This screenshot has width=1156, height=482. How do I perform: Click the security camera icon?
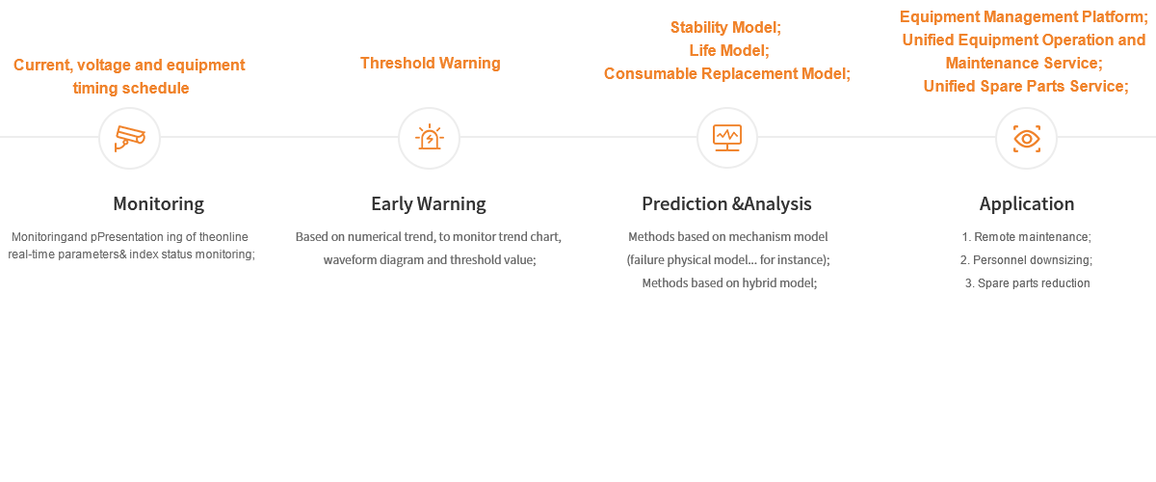[129, 138]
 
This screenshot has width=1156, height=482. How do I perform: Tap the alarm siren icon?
[429, 138]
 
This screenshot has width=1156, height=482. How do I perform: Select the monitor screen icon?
[727, 138]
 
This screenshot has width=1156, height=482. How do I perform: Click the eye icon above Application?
[1026, 139]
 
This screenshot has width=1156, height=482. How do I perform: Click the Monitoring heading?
[158, 204]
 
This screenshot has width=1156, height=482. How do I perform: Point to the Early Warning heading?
[429, 204]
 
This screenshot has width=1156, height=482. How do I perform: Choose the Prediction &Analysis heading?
[726, 204]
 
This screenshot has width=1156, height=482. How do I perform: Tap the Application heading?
[1026, 204]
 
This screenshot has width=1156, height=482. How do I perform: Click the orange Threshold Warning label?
[431, 64]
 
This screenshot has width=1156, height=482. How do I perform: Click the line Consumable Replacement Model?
[727, 74]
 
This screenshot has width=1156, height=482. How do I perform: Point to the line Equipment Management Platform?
[1024, 17]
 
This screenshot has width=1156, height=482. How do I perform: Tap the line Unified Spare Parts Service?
[1025, 87]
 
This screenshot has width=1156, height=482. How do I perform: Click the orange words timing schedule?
[131, 88]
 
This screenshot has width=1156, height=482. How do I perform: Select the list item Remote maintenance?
[1026, 237]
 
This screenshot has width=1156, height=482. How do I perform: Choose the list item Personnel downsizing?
[1026, 260]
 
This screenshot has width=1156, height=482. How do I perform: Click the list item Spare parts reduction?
[1026, 283]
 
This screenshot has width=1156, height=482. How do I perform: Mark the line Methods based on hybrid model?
[729, 283]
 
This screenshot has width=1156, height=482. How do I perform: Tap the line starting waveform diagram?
[429, 260]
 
